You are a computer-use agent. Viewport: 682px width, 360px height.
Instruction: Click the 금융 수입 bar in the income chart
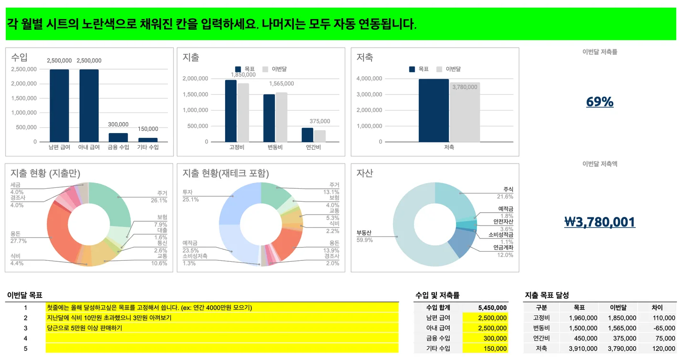118,137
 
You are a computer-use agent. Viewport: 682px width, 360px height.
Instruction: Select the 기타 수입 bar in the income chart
148,140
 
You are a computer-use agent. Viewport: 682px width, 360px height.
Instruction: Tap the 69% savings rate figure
599,102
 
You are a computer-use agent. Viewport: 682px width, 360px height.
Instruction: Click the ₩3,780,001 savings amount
599,222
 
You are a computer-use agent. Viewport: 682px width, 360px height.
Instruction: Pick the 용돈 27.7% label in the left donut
19,237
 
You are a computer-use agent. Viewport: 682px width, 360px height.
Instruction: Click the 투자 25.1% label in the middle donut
190,196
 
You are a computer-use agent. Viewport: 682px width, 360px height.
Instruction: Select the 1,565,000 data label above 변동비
281,84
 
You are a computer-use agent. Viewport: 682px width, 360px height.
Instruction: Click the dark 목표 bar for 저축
434,110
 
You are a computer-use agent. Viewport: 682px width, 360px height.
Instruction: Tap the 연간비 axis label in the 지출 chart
313,147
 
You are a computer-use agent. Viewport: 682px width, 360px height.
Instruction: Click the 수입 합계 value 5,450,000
492,308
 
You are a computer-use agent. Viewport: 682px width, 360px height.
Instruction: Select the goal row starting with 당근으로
222,328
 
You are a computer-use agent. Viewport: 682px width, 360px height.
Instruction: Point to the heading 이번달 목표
25,296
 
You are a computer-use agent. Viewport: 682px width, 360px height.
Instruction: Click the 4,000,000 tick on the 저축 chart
370,79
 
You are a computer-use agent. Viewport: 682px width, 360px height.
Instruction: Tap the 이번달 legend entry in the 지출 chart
274,69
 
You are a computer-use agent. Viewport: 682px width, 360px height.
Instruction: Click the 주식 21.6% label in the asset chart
505,193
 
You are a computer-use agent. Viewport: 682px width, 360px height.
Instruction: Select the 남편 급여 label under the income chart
60,147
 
